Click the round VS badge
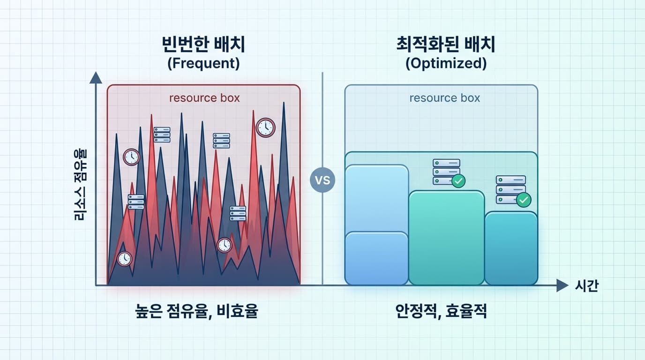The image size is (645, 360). click(x=322, y=180)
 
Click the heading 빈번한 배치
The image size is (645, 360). click(x=203, y=44)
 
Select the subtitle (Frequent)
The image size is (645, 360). click(x=203, y=63)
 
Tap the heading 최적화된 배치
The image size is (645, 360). click(x=445, y=44)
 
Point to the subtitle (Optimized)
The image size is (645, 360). click(x=446, y=63)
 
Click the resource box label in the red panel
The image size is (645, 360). click(x=204, y=98)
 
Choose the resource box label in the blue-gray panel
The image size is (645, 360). click(x=445, y=98)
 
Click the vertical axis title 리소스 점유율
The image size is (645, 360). click(x=80, y=185)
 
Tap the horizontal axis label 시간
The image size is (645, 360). click(x=586, y=285)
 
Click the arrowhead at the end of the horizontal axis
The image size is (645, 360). click(x=562, y=285)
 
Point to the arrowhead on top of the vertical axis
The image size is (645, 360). click(x=96, y=78)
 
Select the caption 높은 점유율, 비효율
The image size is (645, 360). click(x=197, y=311)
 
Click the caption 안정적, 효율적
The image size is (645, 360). click(x=441, y=311)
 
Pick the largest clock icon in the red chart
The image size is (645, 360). click(x=265, y=127)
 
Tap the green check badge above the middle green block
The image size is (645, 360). click(x=458, y=181)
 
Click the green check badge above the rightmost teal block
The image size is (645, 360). click(x=524, y=200)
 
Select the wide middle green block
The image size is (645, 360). click(x=447, y=238)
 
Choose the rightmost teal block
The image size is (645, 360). click(x=511, y=248)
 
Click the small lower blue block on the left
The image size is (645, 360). click(x=376, y=258)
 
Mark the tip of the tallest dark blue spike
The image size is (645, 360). click(x=284, y=102)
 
